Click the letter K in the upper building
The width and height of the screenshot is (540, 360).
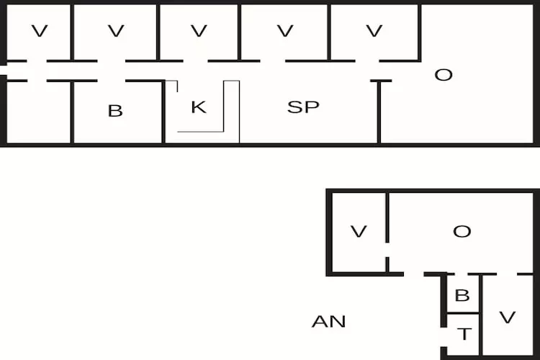click(199, 107)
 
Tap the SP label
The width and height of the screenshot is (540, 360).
click(303, 107)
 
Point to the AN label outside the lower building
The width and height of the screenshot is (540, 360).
click(328, 321)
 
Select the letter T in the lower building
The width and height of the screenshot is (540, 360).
click(464, 334)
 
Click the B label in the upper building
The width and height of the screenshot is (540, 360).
click(115, 111)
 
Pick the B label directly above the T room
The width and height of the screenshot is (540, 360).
click(463, 295)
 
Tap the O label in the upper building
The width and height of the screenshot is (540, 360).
click(444, 74)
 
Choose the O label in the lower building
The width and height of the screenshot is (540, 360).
click(462, 231)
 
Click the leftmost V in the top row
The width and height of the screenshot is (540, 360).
click(40, 31)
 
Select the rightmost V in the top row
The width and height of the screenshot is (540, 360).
click(373, 31)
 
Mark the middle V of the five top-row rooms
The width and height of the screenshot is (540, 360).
click(199, 31)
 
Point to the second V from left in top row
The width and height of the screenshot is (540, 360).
click(115, 31)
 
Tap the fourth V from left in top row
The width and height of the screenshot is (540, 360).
click(285, 31)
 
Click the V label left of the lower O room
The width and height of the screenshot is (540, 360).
click(359, 231)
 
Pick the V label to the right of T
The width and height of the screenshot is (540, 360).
click(507, 317)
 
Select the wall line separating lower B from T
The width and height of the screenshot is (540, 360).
click(463, 313)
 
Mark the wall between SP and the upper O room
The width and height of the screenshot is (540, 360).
click(379, 112)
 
